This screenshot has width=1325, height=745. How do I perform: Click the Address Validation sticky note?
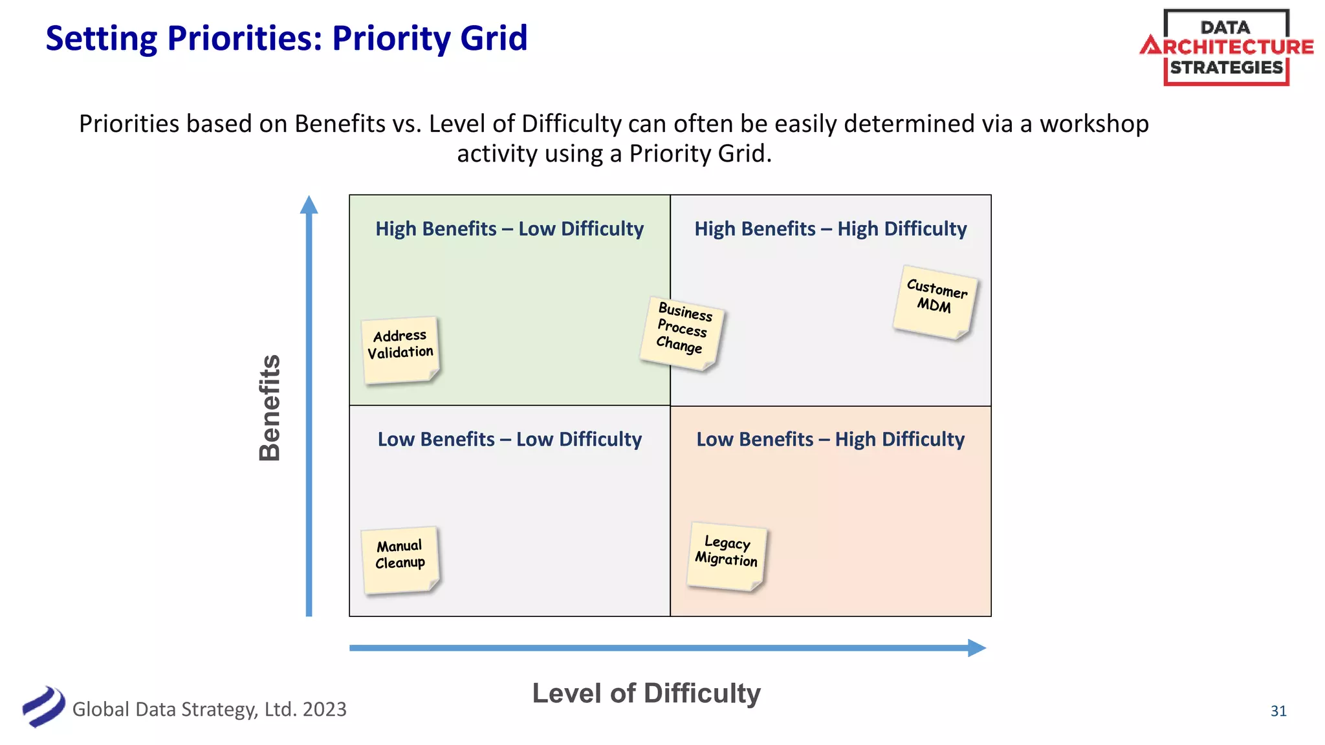click(400, 350)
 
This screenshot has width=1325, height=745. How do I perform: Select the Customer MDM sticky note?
click(935, 301)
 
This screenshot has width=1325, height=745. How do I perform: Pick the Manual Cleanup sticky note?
click(400, 559)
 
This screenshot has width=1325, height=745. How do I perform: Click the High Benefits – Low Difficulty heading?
click(509, 229)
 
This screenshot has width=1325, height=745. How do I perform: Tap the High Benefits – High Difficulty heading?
click(830, 229)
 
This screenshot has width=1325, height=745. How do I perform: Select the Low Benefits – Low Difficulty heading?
click(509, 440)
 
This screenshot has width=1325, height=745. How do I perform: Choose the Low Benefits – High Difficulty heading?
click(830, 440)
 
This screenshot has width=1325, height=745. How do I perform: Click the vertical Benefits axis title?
click(270, 407)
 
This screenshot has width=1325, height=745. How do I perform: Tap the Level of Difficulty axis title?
click(646, 693)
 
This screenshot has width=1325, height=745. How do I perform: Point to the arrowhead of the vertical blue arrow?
click(309, 204)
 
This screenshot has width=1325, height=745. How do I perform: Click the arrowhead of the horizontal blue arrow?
click(976, 648)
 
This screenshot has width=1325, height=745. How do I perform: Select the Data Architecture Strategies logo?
click(1226, 47)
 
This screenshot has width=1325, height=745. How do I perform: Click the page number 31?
click(1278, 711)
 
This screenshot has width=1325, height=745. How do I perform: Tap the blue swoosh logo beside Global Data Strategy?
click(43, 706)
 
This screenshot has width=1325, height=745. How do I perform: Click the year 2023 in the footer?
click(324, 709)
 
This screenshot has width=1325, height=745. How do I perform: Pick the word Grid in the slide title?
click(494, 38)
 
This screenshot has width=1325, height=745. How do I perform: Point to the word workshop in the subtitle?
click(1094, 124)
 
